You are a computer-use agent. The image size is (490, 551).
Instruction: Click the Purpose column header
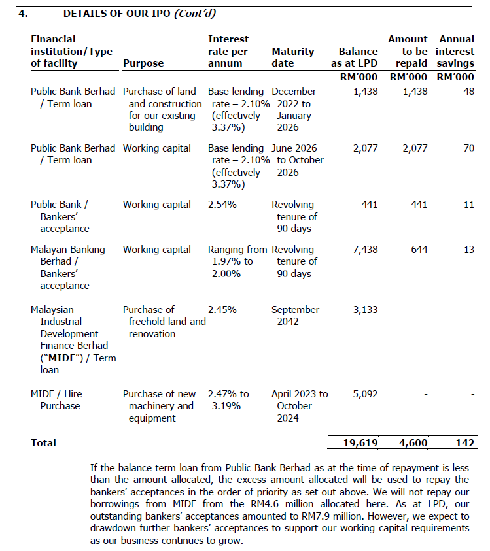143,63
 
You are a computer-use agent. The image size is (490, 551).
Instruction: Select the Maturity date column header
292,57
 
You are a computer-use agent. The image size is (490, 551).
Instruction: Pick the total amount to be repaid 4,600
412,443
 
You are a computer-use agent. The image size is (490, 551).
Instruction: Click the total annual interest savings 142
464,443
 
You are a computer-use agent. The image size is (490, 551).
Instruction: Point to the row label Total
43,443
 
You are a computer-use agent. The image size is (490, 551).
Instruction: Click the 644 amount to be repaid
419,250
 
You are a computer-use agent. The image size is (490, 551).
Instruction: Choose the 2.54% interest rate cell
222,205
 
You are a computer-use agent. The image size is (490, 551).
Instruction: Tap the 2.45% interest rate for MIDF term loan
222,310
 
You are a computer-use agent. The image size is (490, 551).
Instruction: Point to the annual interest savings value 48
468,92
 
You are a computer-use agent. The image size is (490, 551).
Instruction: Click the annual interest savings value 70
468,148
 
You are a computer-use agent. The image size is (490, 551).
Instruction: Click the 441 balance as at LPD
370,205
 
